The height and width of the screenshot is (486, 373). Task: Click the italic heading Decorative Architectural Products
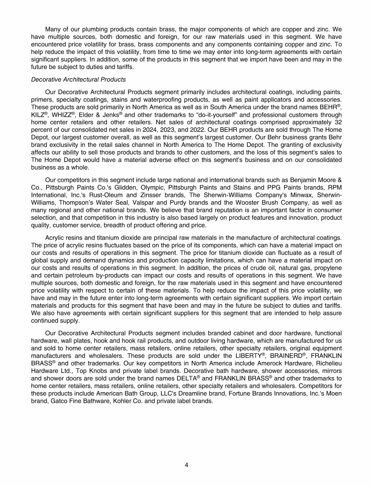tap(78, 79)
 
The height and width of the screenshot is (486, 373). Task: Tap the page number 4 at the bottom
tap(186, 465)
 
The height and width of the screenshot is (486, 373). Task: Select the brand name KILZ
tap(37, 114)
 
